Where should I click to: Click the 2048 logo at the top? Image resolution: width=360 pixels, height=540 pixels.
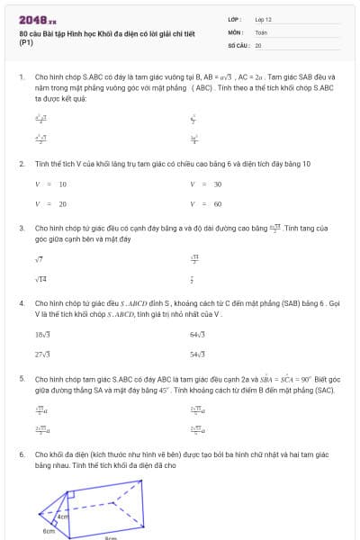(38, 18)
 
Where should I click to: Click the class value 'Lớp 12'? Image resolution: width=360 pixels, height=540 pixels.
(264, 19)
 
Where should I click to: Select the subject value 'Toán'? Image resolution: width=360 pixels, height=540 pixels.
(262, 31)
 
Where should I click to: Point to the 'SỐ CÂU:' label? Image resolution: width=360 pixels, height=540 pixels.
(238, 44)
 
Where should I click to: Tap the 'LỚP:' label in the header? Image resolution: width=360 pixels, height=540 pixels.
(235, 19)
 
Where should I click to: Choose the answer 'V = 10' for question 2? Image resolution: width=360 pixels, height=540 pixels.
(50, 184)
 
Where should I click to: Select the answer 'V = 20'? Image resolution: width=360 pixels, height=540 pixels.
(50, 204)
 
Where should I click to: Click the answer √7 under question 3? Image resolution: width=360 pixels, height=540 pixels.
(39, 258)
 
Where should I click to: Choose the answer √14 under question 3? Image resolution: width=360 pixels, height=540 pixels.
(41, 279)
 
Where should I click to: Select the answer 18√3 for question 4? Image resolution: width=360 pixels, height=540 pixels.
(42, 334)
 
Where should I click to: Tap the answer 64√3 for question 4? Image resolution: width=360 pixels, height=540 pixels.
(198, 334)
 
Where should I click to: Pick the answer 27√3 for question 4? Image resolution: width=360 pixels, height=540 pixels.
(42, 355)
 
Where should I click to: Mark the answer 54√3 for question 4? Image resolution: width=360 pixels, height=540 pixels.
(198, 355)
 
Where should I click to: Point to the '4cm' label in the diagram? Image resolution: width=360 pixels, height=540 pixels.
(63, 517)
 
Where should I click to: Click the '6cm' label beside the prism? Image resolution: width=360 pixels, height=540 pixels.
(49, 532)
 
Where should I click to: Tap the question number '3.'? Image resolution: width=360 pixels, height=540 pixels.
(22, 229)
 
